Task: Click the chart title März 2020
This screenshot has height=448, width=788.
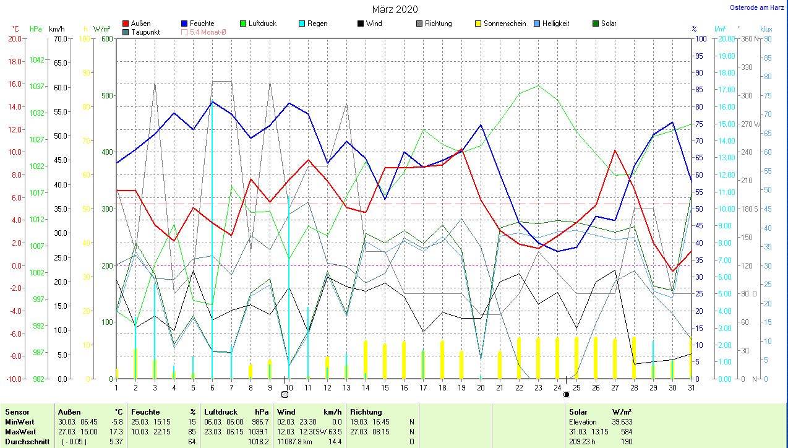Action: coord(395,9)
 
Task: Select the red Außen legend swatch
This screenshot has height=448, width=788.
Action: coord(126,24)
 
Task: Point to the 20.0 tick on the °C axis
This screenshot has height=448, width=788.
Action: coord(14,38)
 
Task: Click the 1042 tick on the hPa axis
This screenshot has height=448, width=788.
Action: coord(38,60)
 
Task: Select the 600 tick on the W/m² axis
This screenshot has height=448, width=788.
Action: coord(107,38)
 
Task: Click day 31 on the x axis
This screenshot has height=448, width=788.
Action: coord(691,388)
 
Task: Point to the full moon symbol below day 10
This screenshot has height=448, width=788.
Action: coord(285,394)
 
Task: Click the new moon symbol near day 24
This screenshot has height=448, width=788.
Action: coord(565,394)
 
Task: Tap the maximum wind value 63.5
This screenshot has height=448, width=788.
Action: coord(333,431)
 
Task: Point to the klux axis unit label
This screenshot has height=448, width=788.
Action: coord(766,29)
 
